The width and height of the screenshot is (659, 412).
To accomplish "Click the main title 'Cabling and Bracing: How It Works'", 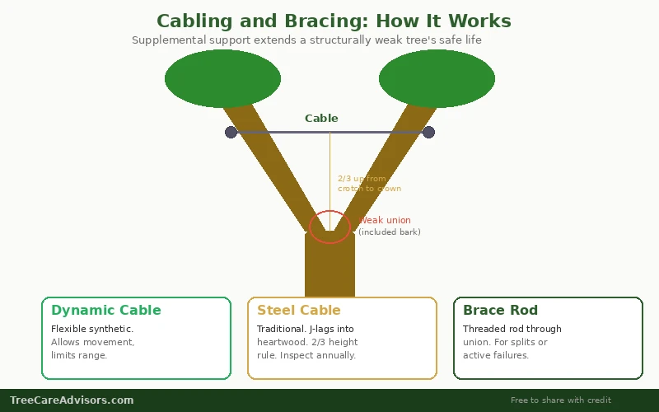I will (334, 21).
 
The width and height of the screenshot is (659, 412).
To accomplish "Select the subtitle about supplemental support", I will (306, 40).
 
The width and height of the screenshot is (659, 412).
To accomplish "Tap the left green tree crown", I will (222, 78).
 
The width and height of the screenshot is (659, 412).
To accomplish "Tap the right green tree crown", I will (437, 78).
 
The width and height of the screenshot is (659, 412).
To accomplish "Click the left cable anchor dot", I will (231, 132).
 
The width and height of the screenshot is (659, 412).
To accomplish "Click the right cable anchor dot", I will (428, 132).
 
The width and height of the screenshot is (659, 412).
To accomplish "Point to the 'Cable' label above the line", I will (321, 119).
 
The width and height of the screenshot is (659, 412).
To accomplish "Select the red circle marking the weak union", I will (329, 227).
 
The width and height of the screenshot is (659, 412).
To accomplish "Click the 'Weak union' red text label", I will (386, 220).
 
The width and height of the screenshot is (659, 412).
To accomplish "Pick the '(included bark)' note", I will (390, 232).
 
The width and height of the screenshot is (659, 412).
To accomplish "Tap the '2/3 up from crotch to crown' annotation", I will (369, 183).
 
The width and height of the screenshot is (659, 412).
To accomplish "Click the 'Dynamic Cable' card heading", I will (106, 311).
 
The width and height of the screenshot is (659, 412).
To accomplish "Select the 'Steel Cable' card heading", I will (299, 311).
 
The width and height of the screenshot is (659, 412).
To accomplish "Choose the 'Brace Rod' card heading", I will (500, 311).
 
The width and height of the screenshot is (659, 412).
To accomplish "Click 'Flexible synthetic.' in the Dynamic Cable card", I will (92, 329).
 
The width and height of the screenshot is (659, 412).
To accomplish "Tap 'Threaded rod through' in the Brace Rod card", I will (512, 329).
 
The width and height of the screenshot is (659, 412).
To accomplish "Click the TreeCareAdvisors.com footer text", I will (72, 400).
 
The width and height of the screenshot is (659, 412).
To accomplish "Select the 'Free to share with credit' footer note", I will (561, 400).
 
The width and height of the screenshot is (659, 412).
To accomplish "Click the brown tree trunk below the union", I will (329, 268).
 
